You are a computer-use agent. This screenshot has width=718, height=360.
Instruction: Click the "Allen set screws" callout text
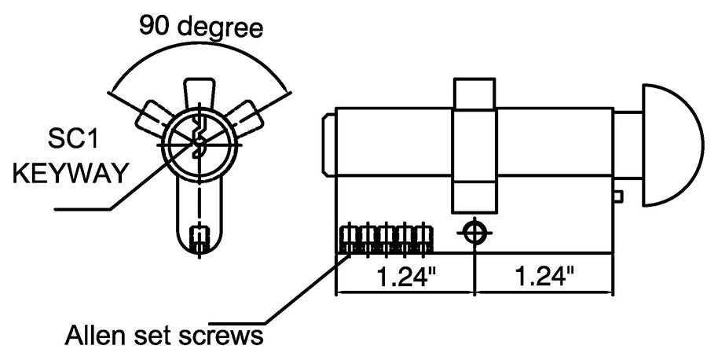coord(163,336)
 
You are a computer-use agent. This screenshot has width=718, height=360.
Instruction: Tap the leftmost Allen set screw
coord(348,239)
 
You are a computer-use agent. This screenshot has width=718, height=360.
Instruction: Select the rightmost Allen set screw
coord(424,239)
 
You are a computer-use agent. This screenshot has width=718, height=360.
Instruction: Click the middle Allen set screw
coord(386,239)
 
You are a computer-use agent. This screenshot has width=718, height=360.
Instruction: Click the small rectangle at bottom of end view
coord(201,236)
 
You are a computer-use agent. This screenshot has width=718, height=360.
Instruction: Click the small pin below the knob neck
coord(618,196)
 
